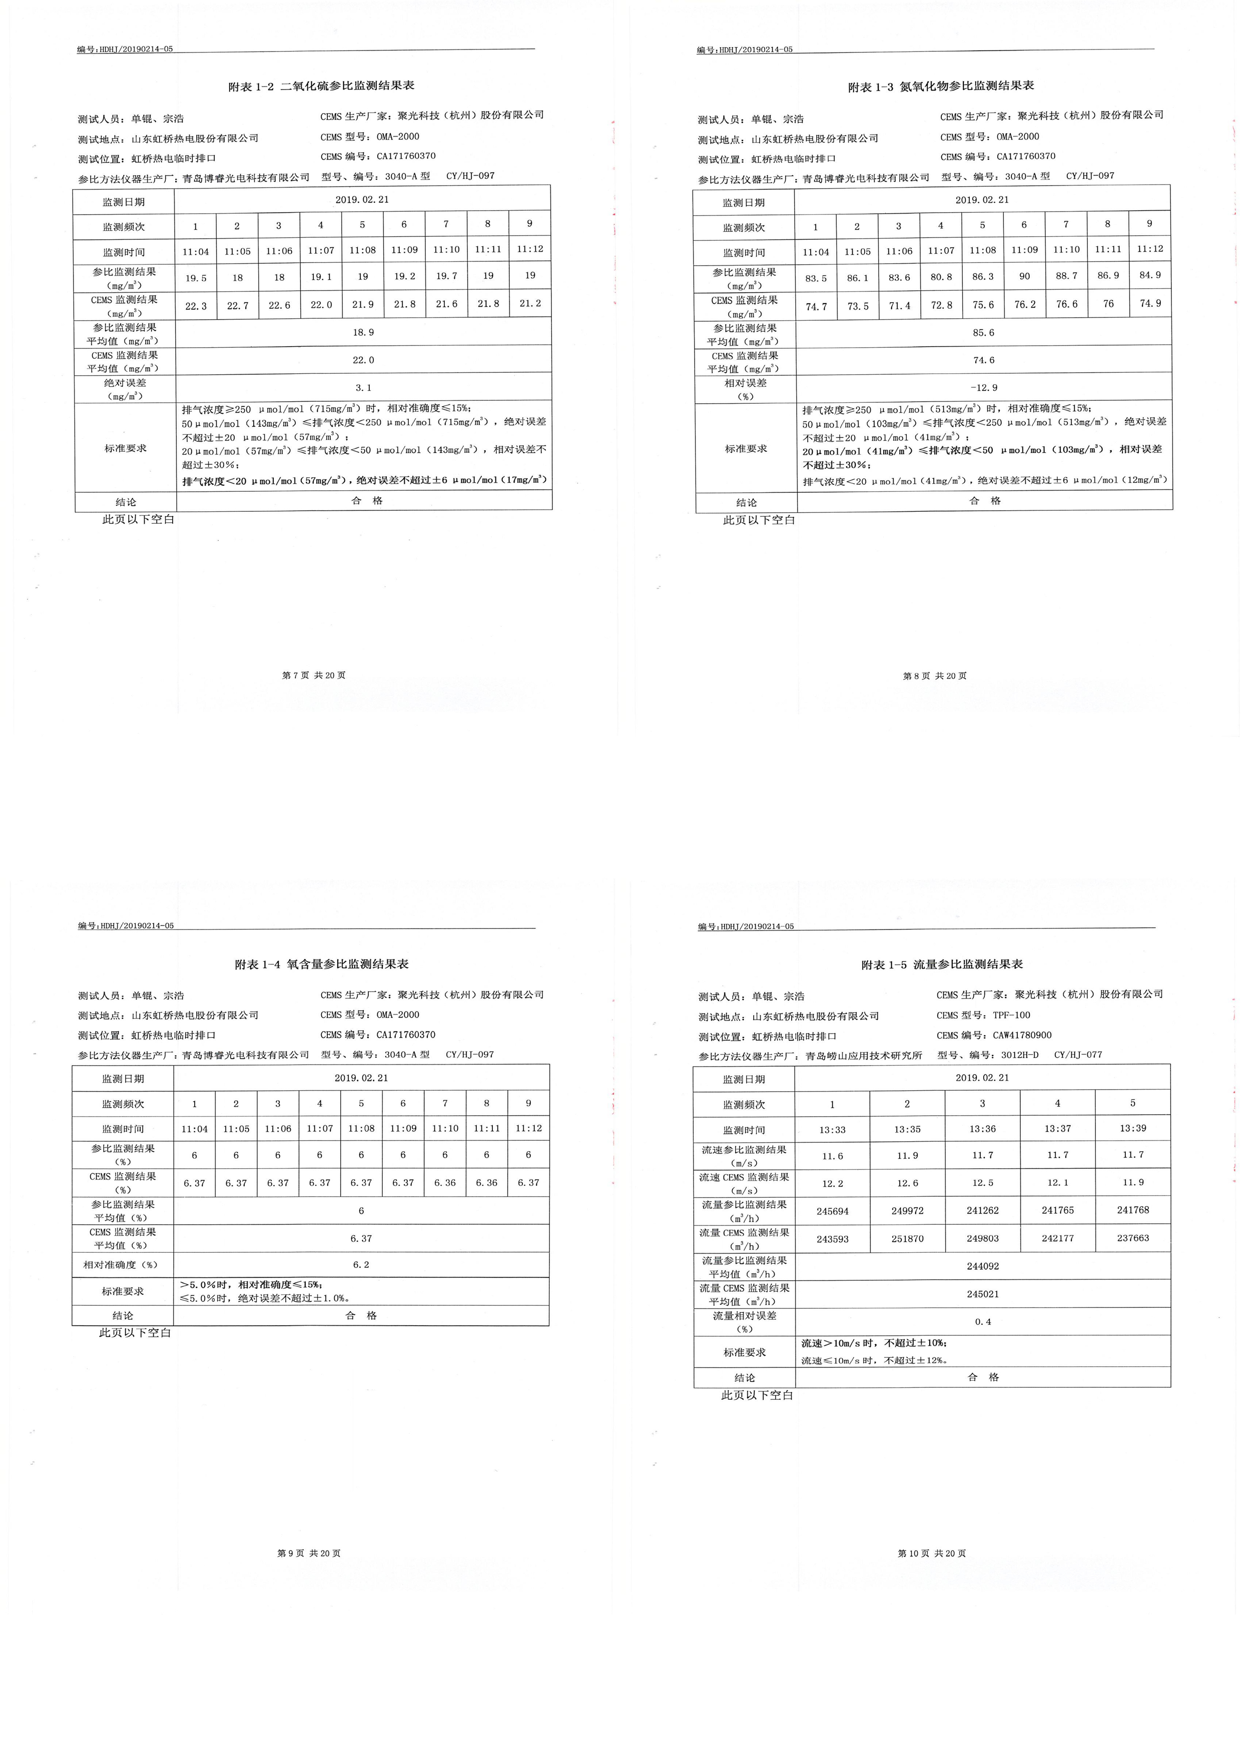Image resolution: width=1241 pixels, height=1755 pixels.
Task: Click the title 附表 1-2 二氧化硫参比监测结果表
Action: pyautogui.click(x=321, y=87)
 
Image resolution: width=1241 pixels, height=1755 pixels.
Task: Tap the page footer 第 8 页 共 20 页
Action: pyautogui.click(x=934, y=676)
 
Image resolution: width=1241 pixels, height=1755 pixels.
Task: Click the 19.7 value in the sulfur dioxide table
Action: pyautogui.click(x=446, y=276)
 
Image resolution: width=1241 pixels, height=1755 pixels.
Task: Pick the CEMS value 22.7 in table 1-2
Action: pyautogui.click(x=237, y=306)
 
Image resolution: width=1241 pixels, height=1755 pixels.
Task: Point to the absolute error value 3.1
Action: pyautogui.click(x=363, y=388)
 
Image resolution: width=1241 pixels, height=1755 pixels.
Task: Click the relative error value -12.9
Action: pyautogui.click(x=983, y=388)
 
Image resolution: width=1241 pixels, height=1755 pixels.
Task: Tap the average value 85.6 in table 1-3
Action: pyautogui.click(x=983, y=333)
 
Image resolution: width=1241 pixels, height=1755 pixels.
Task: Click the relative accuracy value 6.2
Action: pyautogui.click(x=361, y=1264)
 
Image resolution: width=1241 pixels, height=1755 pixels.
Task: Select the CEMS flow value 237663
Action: pyautogui.click(x=1132, y=1238)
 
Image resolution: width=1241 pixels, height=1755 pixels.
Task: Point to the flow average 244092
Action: pyautogui.click(x=983, y=1266)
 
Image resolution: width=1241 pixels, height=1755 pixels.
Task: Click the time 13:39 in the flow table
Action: pyautogui.click(x=1132, y=1128)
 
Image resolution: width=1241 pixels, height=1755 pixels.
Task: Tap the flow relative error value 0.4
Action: pyautogui.click(x=983, y=1322)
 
